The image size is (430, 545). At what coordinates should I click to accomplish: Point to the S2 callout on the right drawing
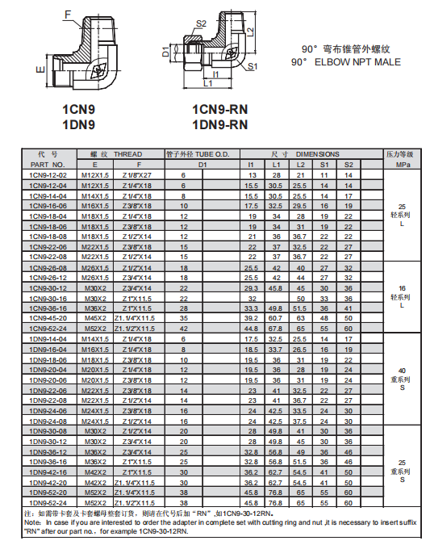coord(202,23)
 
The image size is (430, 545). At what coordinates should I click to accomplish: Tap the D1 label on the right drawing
coord(166,52)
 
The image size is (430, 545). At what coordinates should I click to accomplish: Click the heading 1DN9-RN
coord(219,124)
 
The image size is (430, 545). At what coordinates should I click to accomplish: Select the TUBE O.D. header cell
coord(203,154)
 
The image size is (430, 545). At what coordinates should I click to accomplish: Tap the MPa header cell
coord(402,164)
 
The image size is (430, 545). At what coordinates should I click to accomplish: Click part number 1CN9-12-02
coord(48,174)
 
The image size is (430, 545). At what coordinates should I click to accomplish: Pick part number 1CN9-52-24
coord(48,328)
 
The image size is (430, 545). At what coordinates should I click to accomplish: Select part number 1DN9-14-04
coord(48,338)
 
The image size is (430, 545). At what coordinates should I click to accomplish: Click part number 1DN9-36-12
coord(48,451)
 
